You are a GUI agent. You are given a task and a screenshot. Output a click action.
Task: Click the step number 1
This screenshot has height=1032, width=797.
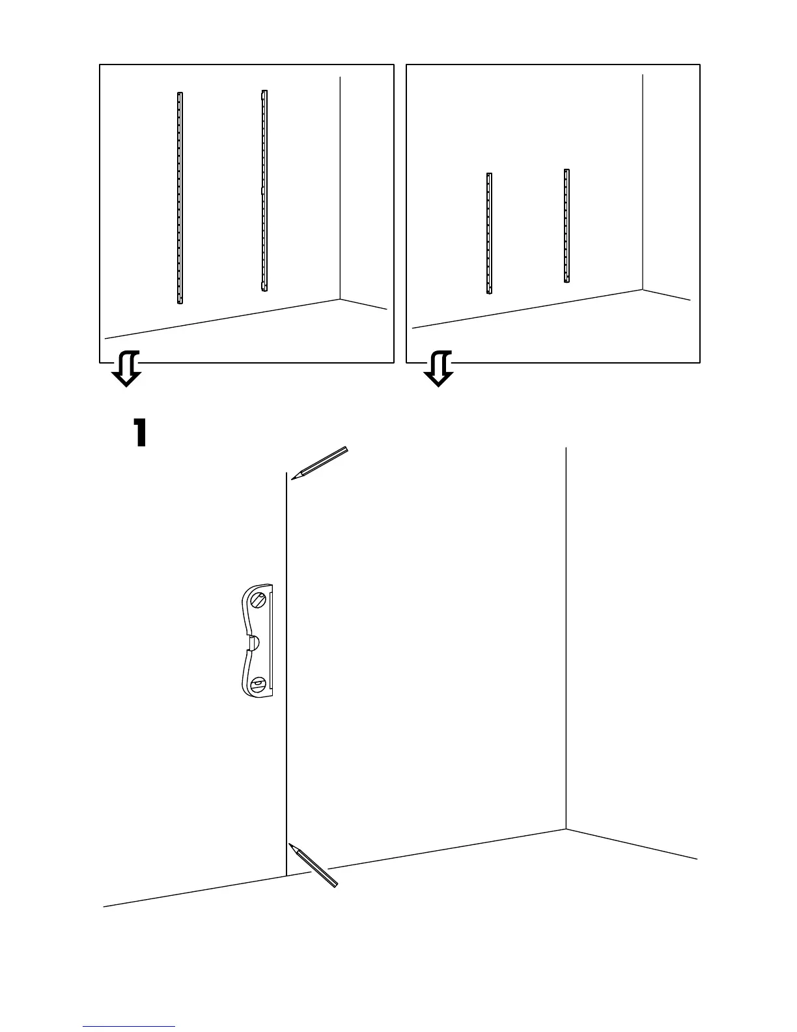(140, 433)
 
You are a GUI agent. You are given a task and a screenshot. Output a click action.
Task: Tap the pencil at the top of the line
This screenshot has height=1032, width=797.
(321, 463)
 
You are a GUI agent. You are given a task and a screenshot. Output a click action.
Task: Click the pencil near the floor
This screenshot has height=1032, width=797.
(314, 866)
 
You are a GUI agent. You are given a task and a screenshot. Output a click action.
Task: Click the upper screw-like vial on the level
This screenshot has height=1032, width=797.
(259, 601)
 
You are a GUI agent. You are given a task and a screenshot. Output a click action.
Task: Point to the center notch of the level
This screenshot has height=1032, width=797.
(253, 643)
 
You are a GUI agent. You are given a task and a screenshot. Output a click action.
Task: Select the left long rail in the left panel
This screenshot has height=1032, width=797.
(180, 198)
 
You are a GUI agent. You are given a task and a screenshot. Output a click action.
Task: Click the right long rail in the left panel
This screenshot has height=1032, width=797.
(264, 190)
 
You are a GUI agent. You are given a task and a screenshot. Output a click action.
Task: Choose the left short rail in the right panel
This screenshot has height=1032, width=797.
(489, 233)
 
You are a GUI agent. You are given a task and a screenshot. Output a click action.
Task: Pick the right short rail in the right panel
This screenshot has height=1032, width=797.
(566, 226)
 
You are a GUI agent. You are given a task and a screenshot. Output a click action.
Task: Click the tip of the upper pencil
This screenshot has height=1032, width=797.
(292, 479)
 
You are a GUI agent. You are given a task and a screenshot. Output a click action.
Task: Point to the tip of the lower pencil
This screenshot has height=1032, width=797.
(290, 845)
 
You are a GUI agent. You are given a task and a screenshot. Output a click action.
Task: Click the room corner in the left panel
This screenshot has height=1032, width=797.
(340, 300)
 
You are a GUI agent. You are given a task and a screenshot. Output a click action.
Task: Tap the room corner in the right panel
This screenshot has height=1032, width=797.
(643, 290)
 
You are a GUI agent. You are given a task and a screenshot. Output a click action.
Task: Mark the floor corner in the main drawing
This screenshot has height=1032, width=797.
(566, 829)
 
